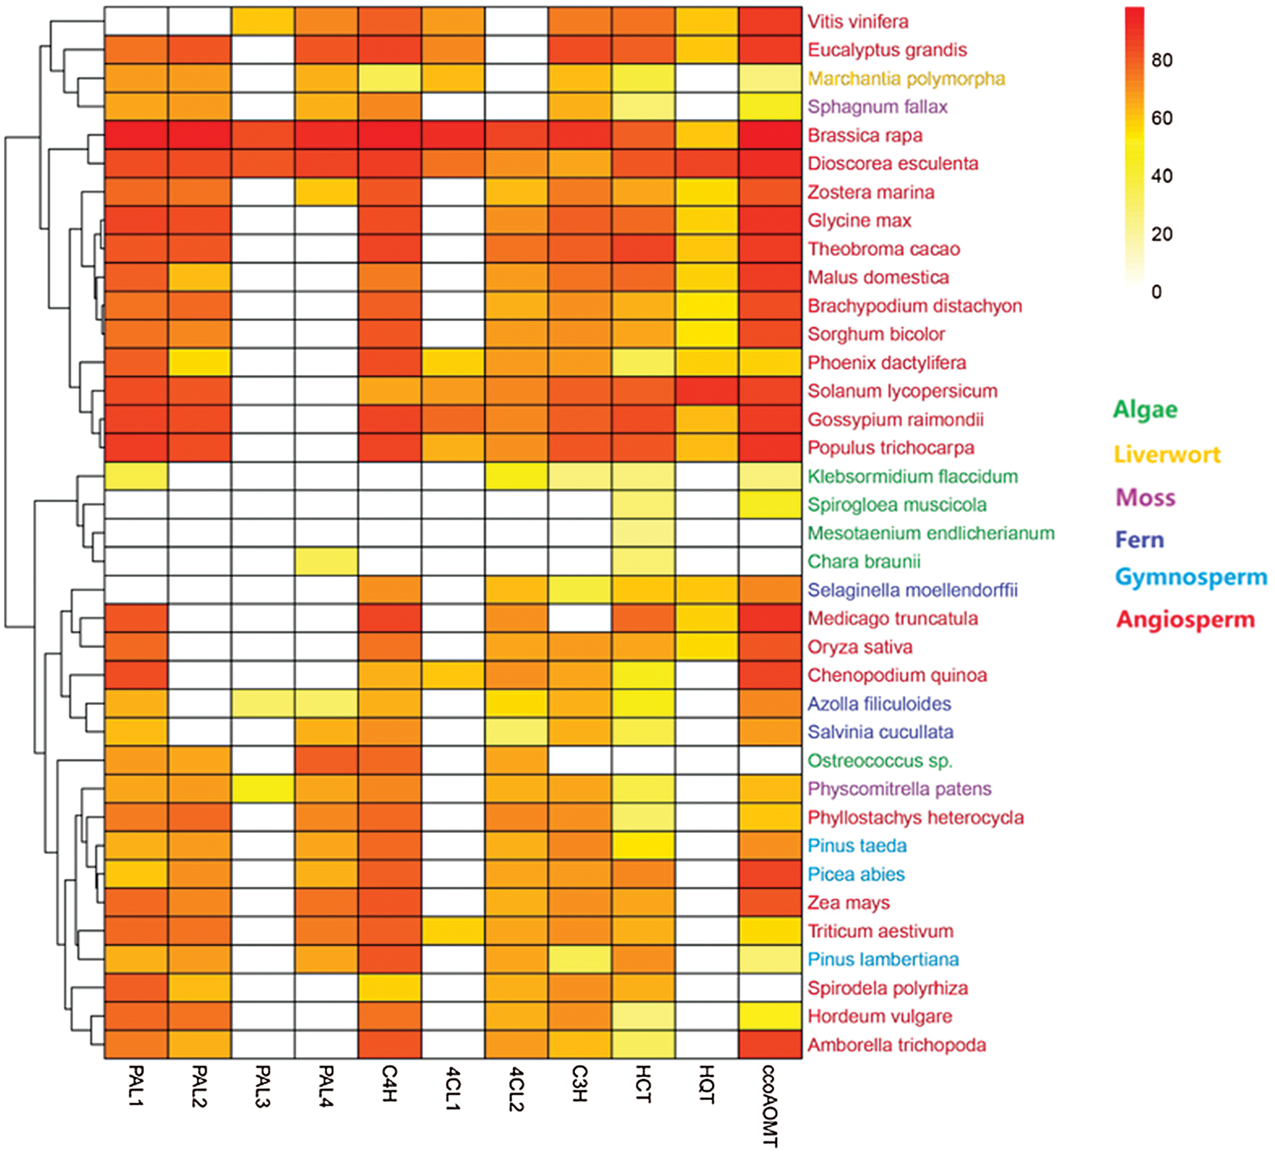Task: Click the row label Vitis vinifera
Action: [x=858, y=22]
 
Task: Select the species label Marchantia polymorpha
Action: [x=906, y=79]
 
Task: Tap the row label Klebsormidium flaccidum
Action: [x=913, y=476]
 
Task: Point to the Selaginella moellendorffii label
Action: [x=913, y=590]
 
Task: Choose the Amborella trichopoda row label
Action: [x=897, y=1045]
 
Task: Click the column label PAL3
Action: [x=262, y=1086]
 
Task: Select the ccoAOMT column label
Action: [x=770, y=1106]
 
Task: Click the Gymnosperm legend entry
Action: [x=1191, y=577]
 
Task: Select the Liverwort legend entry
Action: [x=1167, y=455]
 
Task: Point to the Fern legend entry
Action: [x=1139, y=540]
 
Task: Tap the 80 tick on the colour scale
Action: [x=1162, y=61]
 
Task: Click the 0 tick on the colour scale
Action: [x=1157, y=292]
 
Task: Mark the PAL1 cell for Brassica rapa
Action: [x=136, y=135]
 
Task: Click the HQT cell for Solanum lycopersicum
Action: [x=707, y=391]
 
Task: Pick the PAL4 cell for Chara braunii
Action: [x=326, y=561]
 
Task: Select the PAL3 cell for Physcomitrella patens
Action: [x=262, y=789]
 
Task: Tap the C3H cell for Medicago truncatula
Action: [x=580, y=618]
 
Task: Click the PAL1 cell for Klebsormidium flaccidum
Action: [x=136, y=476]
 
